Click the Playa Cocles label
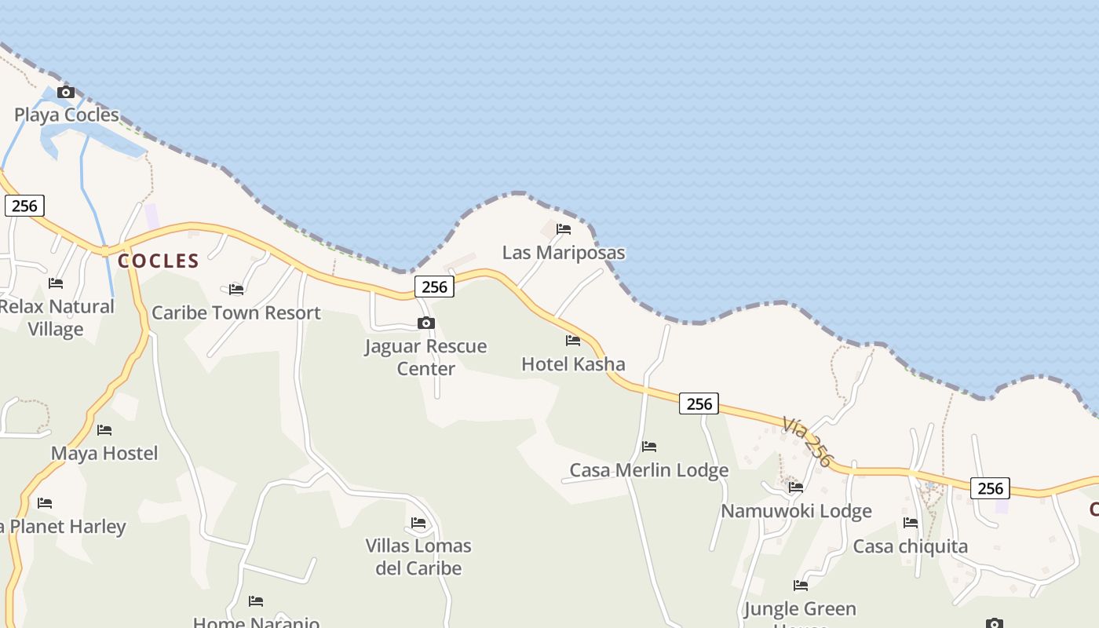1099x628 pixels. pos(67,115)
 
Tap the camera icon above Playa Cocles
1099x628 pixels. pos(66,93)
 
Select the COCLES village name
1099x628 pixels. pos(159,261)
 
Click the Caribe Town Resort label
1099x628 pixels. pos(236,312)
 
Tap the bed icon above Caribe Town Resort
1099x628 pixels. pos(236,290)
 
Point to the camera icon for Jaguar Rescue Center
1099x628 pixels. pos(426,323)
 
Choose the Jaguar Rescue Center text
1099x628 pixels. pos(425,357)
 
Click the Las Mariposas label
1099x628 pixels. pos(564,252)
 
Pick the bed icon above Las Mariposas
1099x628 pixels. pos(564,229)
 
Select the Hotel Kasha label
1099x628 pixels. pos(573,363)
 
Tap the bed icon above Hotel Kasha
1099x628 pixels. pos(573,341)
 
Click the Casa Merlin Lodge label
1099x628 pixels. pos(649,470)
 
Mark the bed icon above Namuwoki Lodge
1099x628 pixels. pos(796,487)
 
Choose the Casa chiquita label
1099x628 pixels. pos(911,546)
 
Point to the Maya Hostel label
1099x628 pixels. pos(104,453)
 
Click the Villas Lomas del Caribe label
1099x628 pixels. pos(418,557)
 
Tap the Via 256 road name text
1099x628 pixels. pos(807,441)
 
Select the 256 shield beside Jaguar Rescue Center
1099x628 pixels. pos(434,287)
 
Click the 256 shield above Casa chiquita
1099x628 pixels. pos(990,488)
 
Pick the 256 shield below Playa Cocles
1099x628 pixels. pos(24,206)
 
